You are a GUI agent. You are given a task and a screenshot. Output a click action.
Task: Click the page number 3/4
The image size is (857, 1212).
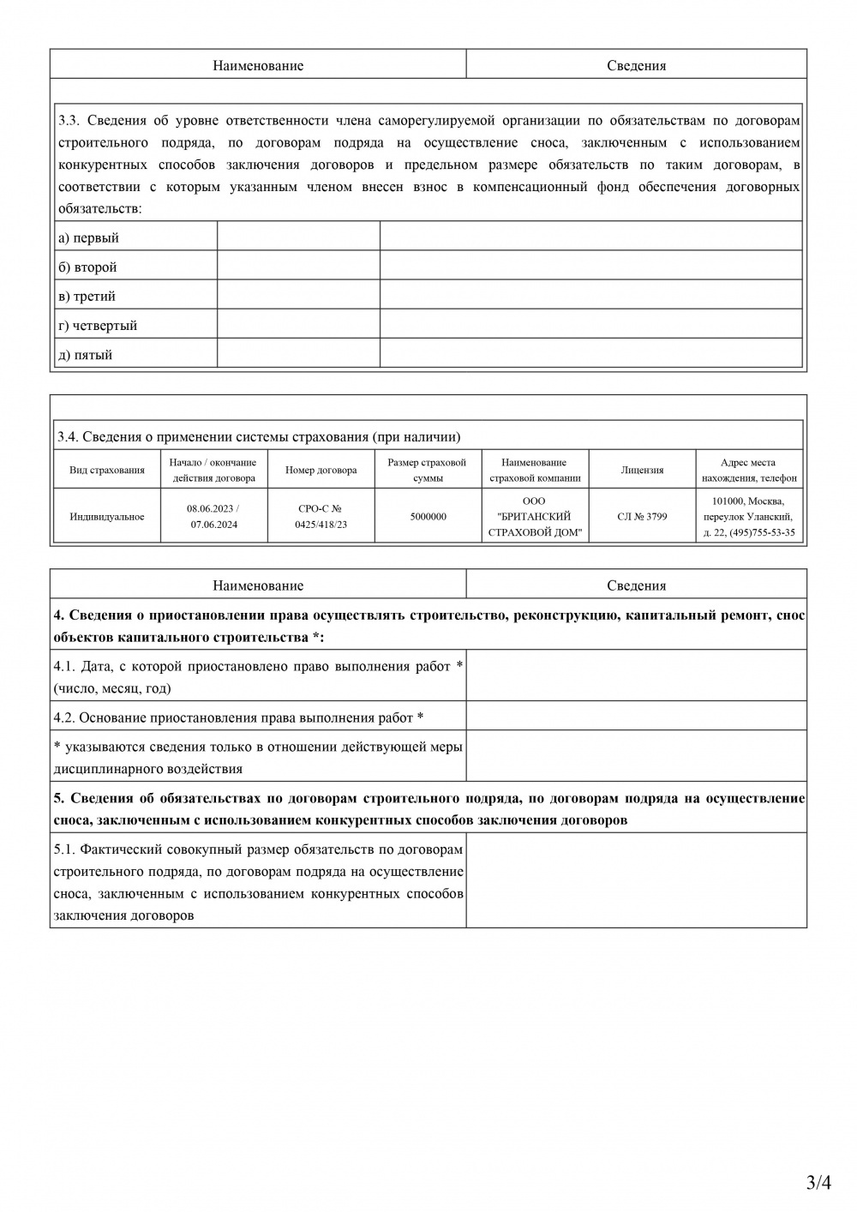pyautogui.click(x=818, y=1184)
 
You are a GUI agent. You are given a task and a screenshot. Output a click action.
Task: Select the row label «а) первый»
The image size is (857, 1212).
pyautogui.click(x=88, y=238)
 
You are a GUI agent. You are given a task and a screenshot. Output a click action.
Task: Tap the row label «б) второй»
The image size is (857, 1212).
pyautogui.click(x=87, y=267)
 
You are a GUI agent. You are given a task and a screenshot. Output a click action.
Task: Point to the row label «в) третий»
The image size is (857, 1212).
pyautogui.click(x=87, y=297)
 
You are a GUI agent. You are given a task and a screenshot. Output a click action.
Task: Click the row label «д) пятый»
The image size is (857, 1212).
pyautogui.click(x=85, y=355)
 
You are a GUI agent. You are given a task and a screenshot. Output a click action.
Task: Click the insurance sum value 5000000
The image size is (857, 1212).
pyautogui.click(x=428, y=517)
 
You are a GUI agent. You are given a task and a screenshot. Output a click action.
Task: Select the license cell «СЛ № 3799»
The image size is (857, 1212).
pyautogui.click(x=642, y=517)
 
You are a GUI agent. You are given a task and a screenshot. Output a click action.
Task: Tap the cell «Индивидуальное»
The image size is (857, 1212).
pyautogui.click(x=107, y=517)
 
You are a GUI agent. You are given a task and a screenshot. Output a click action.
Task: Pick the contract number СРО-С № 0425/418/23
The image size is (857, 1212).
pyautogui.click(x=321, y=517)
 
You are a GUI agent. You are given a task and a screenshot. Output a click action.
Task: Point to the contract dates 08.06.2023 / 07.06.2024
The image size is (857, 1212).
pyautogui.click(x=213, y=517)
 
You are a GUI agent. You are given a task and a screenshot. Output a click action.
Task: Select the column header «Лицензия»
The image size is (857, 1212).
pyautogui.click(x=642, y=471)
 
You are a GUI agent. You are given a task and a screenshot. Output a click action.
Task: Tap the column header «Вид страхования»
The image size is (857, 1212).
pyautogui.click(x=107, y=471)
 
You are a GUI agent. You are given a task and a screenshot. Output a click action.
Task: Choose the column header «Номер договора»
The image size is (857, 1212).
pyautogui.click(x=321, y=471)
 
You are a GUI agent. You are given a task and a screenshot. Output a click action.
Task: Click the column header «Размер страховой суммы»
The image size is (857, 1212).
pyautogui.click(x=428, y=471)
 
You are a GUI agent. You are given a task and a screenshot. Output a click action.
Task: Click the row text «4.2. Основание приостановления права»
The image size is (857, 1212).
pyautogui.click(x=238, y=717)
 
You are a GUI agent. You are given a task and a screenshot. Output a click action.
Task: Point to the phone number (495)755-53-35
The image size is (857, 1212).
pyautogui.click(x=762, y=532)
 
